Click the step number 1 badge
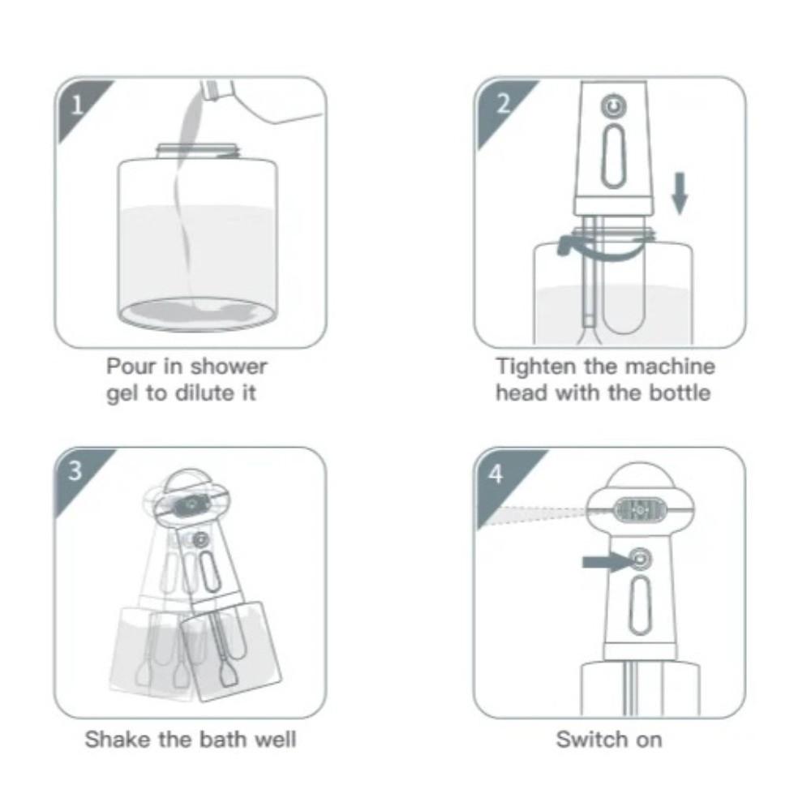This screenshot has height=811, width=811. pyautogui.click(x=75, y=105)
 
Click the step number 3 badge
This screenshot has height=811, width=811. pyautogui.click(x=75, y=471)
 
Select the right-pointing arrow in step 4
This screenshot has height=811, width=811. pyautogui.click(x=604, y=560)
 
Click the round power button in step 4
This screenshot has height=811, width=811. pyautogui.click(x=640, y=558)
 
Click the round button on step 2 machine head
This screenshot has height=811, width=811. pyautogui.click(x=611, y=106)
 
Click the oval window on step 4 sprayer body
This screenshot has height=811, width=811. pyautogui.click(x=640, y=604)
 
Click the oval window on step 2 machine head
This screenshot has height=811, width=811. pyautogui.click(x=612, y=154)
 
